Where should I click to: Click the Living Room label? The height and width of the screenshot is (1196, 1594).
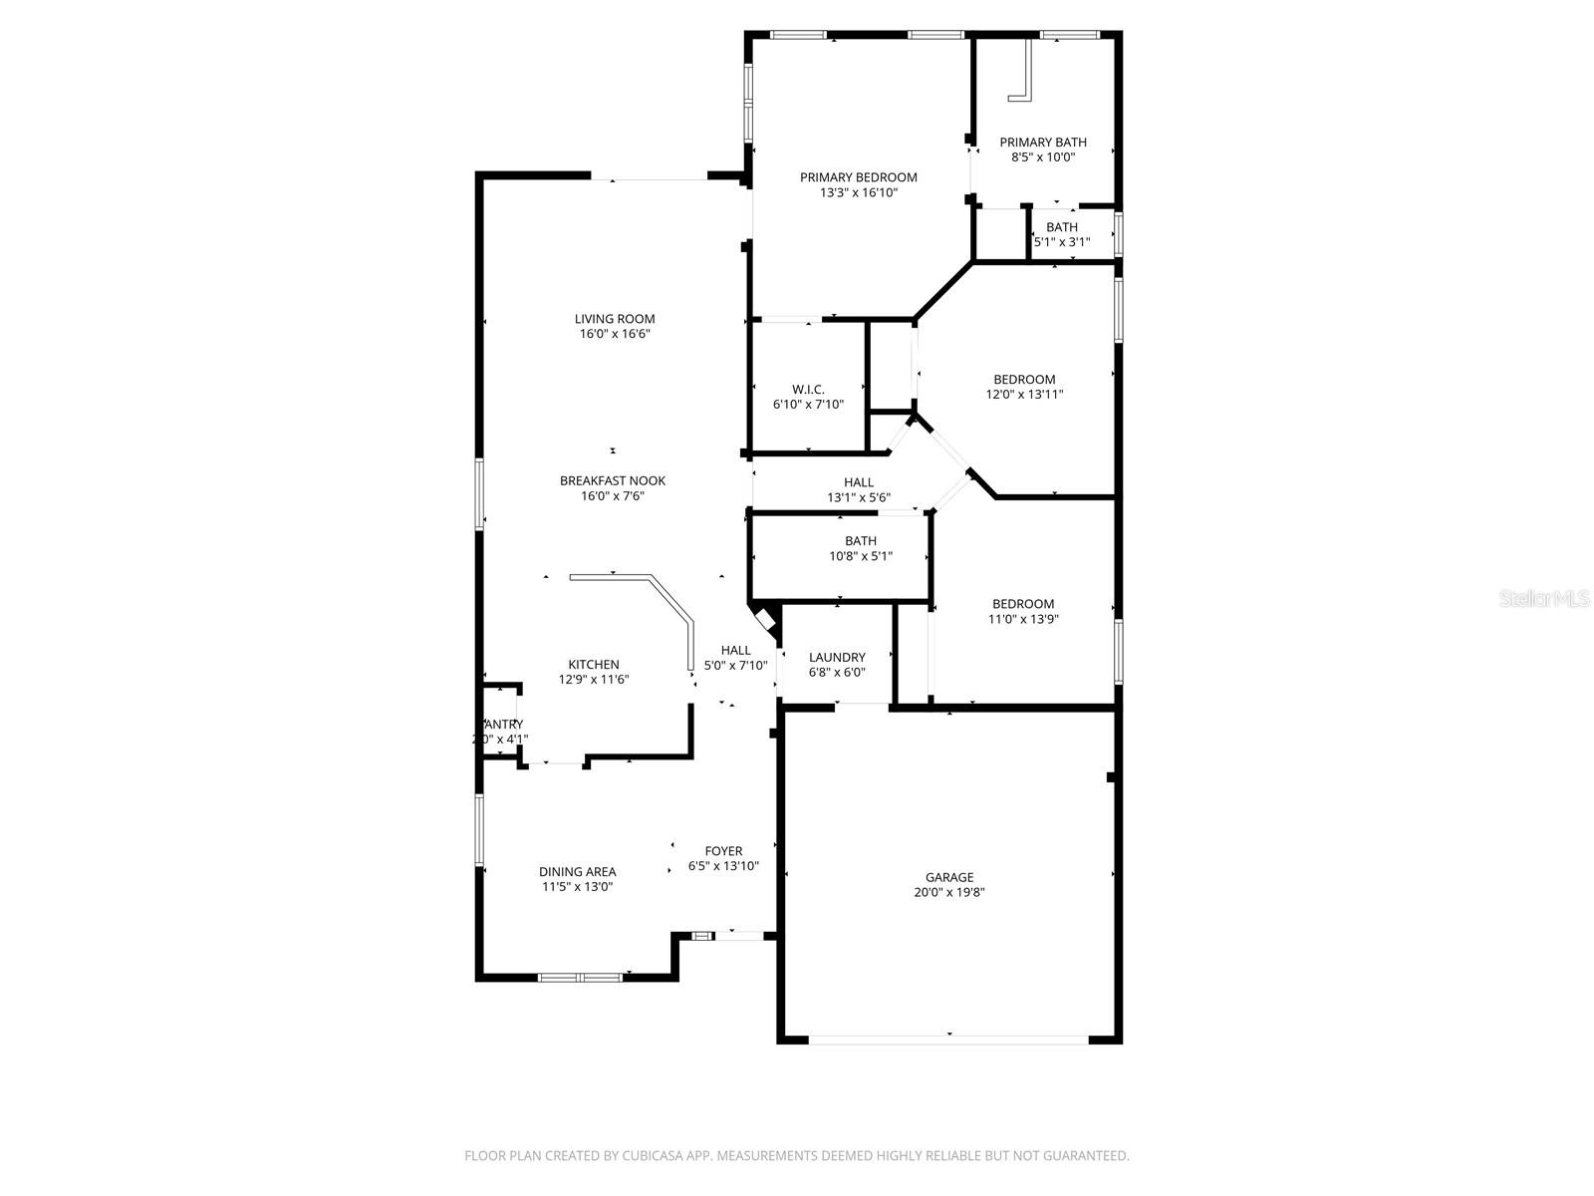point(615,319)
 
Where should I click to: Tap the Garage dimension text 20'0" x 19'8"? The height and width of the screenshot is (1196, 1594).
point(949,893)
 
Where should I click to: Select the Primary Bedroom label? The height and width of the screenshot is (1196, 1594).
point(858,177)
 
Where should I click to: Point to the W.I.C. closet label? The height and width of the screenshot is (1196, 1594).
point(808,389)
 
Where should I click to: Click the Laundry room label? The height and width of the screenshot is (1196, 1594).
point(837,657)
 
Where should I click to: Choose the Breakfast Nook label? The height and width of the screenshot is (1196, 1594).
point(612,480)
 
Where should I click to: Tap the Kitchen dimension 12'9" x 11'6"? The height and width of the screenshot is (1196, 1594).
point(594,680)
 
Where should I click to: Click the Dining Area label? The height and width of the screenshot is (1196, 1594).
point(577,871)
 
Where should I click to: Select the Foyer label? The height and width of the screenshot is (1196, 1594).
point(723,851)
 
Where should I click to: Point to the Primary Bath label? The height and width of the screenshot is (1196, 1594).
point(1043,143)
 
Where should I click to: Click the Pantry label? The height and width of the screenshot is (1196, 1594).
point(501,725)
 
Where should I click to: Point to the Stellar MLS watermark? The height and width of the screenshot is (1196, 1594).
point(1545,599)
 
